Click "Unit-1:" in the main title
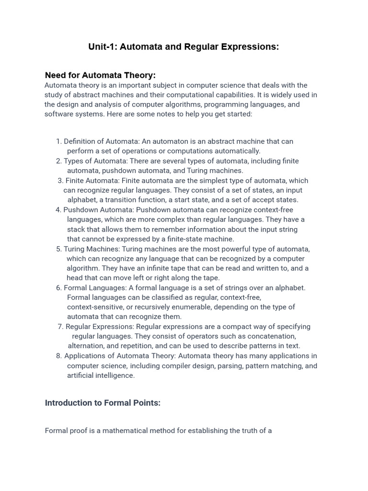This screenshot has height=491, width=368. pyautogui.click(x=103, y=47)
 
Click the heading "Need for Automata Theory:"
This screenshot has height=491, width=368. pyautogui.click(x=100, y=75)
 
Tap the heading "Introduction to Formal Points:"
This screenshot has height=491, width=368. pyautogui.click(x=103, y=403)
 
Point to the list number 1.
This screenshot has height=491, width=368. pyautogui.click(x=58, y=141)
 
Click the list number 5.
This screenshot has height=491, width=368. pyautogui.click(x=58, y=249)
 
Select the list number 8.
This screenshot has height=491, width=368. pyautogui.click(x=58, y=356)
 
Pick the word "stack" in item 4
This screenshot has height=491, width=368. pyautogui.click(x=77, y=229)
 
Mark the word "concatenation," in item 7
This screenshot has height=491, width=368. pyautogui.click(x=269, y=336)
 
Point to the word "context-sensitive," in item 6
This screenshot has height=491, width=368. pyautogui.click(x=96, y=307)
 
